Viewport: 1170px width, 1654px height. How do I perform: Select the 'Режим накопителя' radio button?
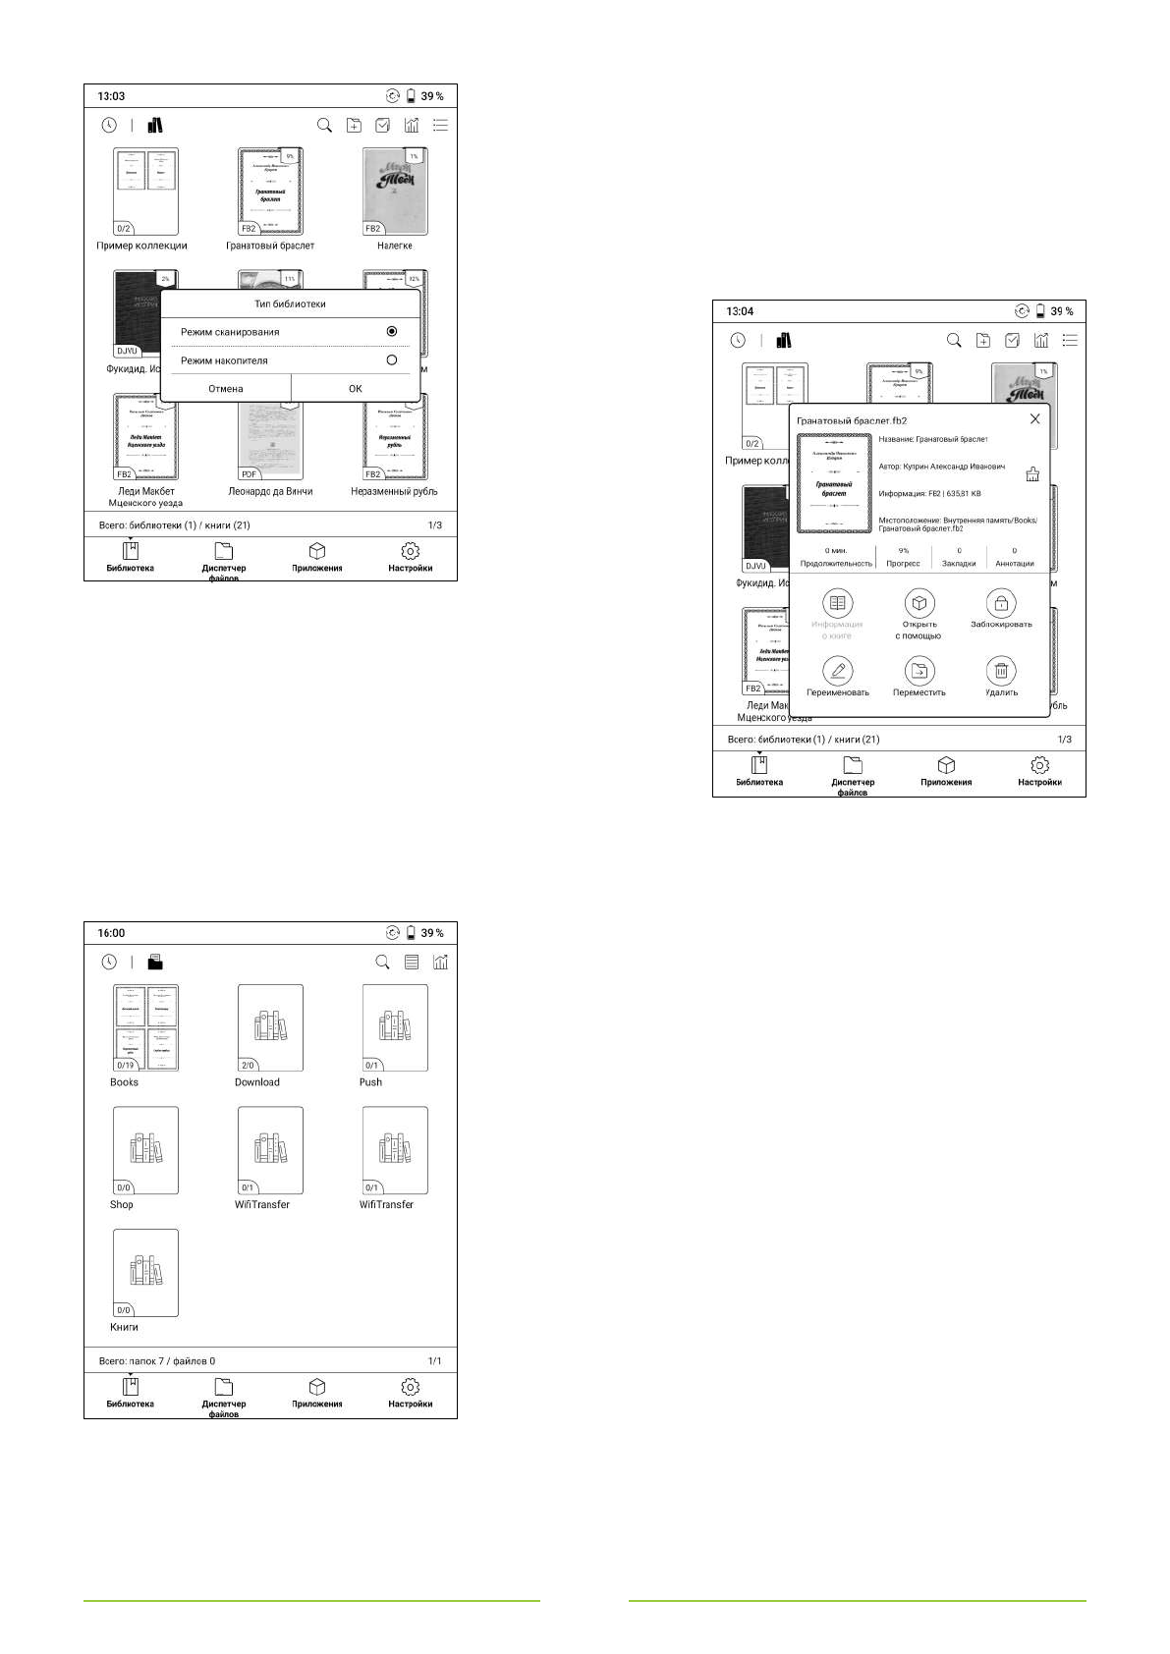click(392, 360)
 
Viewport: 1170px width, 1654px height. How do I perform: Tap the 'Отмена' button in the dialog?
click(225, 389)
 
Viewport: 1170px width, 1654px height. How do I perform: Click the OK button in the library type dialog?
click(356, 389)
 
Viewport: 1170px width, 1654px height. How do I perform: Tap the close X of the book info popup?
click(1034, 419)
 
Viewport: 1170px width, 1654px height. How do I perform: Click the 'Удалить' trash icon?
click(1001, 672)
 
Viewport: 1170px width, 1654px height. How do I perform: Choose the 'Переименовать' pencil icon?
click(837, 672)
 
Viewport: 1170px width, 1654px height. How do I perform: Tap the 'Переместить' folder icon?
click(919, 672)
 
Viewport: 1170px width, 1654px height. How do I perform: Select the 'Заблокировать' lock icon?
click(1001, 603)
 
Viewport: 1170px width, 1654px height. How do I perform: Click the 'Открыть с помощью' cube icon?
click(919, 603)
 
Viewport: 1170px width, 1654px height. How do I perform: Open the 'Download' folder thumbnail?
click(270, 1027)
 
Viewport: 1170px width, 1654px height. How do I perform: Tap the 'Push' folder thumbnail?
click(395, 1027)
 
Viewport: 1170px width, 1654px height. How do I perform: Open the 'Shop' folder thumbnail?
click(145, 1150)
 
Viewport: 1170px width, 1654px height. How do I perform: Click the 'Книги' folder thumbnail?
click(145, 1273)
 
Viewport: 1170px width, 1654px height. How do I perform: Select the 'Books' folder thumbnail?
click(145, 1027)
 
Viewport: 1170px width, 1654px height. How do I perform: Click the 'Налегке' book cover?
click(395, 192)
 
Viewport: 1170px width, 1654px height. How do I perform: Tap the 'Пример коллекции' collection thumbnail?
click(145, 192)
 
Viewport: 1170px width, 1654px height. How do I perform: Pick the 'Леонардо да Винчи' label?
click(270, 491)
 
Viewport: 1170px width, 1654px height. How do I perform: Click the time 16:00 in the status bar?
click(111, 933)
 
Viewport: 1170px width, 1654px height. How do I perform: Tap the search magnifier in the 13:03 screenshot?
click(324, 126)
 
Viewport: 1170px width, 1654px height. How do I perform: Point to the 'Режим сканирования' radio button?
click(392, 332)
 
